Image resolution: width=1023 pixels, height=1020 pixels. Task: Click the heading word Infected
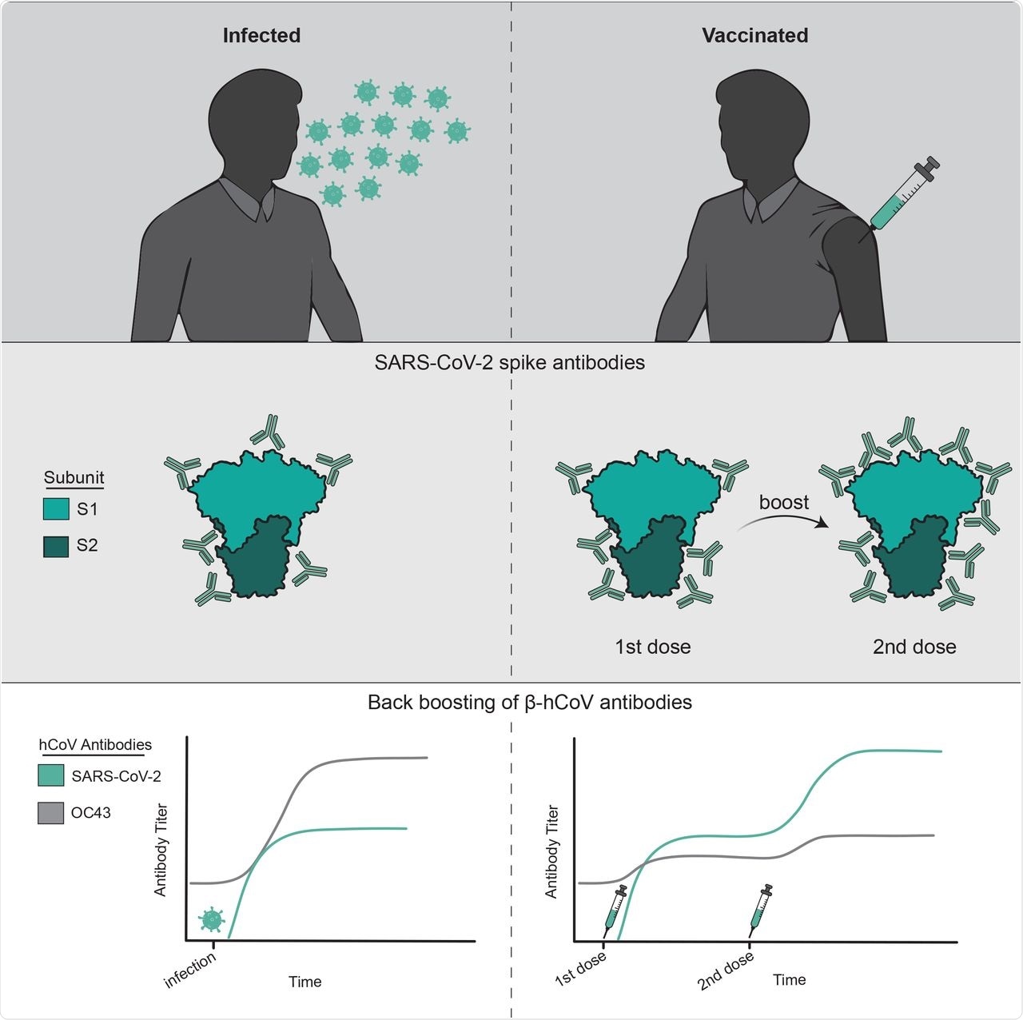point(261,36)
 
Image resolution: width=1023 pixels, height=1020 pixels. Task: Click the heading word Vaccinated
point(754,36)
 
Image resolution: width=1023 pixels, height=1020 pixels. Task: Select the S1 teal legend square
point(56,509)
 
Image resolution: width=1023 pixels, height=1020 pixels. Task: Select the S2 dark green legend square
point(56,546)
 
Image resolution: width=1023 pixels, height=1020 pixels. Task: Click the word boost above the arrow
point(783,502)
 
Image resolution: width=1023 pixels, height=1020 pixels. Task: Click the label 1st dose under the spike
point(652,647)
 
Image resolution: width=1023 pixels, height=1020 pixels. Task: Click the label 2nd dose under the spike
point(914,647)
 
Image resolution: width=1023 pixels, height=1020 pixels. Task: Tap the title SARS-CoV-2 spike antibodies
point(510,362)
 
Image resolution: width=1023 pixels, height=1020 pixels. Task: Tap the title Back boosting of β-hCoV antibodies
point(529,703)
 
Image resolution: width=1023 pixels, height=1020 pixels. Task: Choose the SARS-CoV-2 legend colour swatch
point(51,775)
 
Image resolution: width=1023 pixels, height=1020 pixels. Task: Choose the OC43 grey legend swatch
point(51,813)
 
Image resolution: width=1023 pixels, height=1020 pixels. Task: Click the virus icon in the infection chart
point(211,920)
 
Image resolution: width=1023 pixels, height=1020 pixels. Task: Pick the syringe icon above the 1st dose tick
point(615,910)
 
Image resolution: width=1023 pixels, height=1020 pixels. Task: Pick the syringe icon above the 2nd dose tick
point(760,910)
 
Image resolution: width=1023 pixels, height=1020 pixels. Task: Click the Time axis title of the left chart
point(305,982)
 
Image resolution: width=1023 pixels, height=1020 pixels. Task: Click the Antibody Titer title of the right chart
point(551,851)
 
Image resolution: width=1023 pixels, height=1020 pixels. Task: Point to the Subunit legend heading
point(74,478)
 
